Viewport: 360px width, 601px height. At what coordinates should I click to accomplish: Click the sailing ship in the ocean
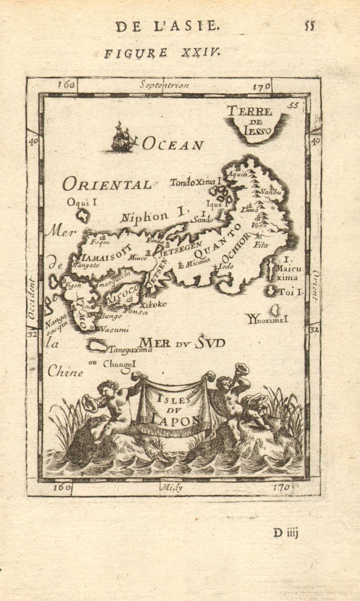click(x=123, y=138)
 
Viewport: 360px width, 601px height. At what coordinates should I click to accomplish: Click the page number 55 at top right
click(x=309, y=25)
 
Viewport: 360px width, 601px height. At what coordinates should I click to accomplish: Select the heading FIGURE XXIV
click(x=162, y=53)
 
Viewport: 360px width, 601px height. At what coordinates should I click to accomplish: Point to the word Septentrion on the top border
click(x=164, y=85)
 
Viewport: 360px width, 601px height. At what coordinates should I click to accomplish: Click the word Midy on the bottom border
click(x=171, y=487)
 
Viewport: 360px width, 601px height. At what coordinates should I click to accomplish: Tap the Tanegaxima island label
click(x=130, y=349)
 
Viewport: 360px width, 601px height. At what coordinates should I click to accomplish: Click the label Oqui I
click(x=81, y=202)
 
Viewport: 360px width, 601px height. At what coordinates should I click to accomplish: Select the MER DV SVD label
click(x=181, y=342)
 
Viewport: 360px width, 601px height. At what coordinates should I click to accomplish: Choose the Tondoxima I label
click(x=194, y=183)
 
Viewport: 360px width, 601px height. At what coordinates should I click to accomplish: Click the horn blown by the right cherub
click(x=241, y=370)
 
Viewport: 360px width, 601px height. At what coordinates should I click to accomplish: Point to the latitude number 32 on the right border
click(x=314, y=329)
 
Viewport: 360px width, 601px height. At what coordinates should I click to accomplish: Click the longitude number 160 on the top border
click(x=66, y=85)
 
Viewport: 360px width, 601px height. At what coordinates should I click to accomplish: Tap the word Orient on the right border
click(x=314, y=286)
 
